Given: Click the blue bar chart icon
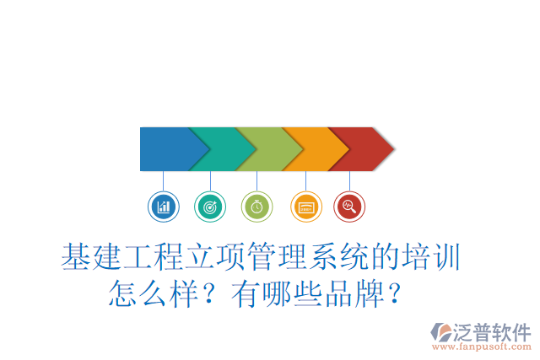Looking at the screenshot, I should [163, 206].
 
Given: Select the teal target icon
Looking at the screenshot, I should [210, 206].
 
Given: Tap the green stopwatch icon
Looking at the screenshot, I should [256, 206].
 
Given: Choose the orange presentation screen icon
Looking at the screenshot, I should [305, 206].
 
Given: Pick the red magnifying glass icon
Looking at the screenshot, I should [349, 206].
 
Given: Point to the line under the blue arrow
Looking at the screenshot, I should [163, 180].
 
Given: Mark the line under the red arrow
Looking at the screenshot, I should [349, 180].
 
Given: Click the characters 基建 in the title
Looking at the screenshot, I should [92, 257].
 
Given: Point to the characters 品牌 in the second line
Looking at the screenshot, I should [356, 294].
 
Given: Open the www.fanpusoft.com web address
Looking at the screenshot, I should [482, 347].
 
